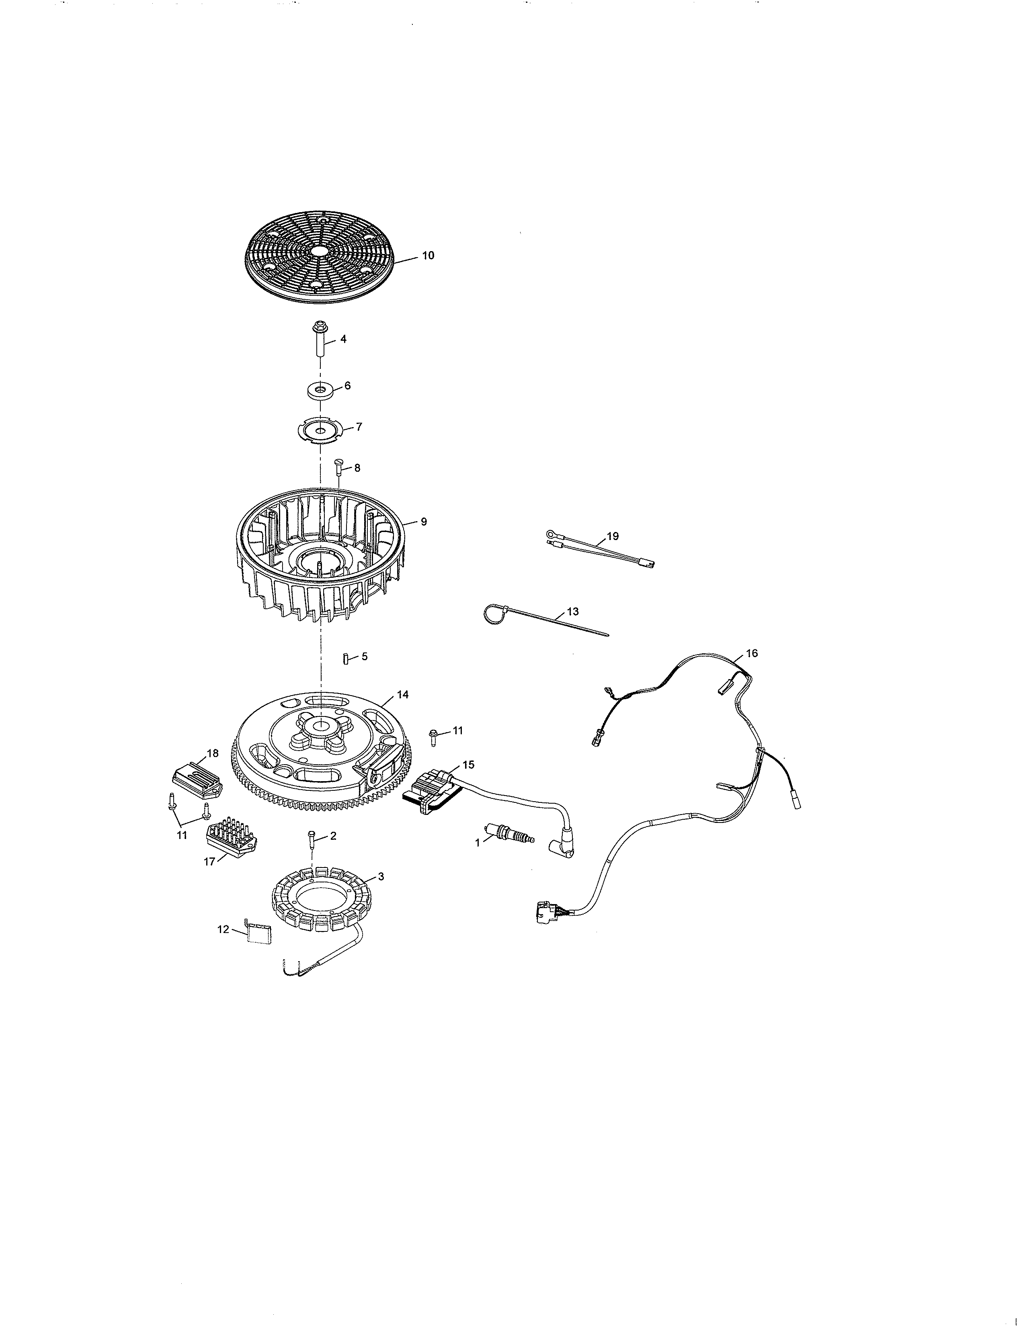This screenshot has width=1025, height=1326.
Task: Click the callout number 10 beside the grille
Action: point(428,256)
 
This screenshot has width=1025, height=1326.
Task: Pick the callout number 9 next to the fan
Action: point(423,522)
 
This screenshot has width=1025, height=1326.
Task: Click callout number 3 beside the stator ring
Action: point(381,876)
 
